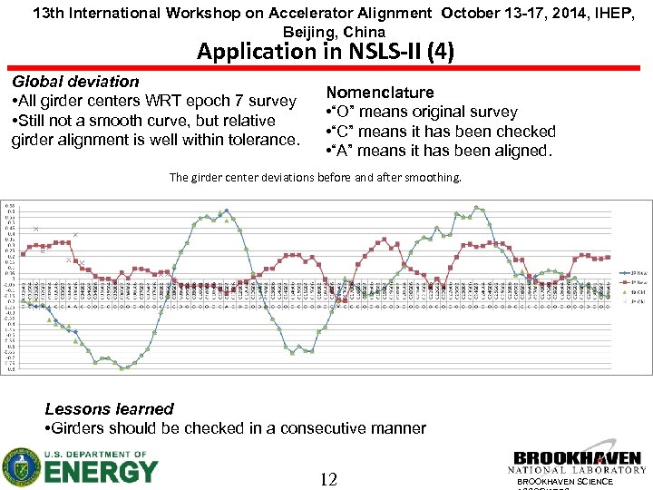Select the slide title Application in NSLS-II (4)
pyautogui.click(x=326, y=52)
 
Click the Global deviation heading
pyautogui.click(x=75, y=82)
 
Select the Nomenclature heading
pyautogui.click(x=380, y=93)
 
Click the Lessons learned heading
pyautogui.click(x=109, y=409)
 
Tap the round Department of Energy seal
pyautogui.click(x=20, y=467)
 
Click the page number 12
pyautogui.click(x=329, y=478)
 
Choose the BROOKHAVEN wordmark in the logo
pyautogui.click(x=578, y=457)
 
